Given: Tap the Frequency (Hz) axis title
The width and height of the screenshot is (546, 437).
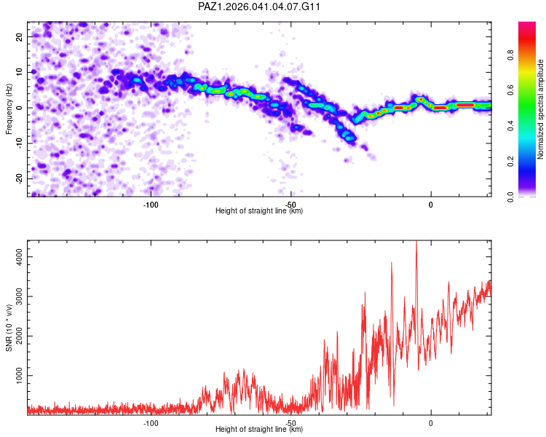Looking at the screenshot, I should (x=9, y=109).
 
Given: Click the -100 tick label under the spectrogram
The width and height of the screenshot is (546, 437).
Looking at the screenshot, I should (x=151, y=204).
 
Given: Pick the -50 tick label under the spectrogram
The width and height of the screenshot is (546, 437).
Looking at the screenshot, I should (x=290, y=204).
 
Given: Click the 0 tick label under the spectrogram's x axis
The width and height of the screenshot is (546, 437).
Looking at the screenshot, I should (x=430, y=204).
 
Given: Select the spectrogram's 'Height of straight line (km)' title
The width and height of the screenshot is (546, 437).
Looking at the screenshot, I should (x=259, y=211).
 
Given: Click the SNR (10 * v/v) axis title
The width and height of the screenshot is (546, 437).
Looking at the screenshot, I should (x=9, y=326).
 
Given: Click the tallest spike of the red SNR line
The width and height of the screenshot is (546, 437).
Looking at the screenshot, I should (x=416, y=243).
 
